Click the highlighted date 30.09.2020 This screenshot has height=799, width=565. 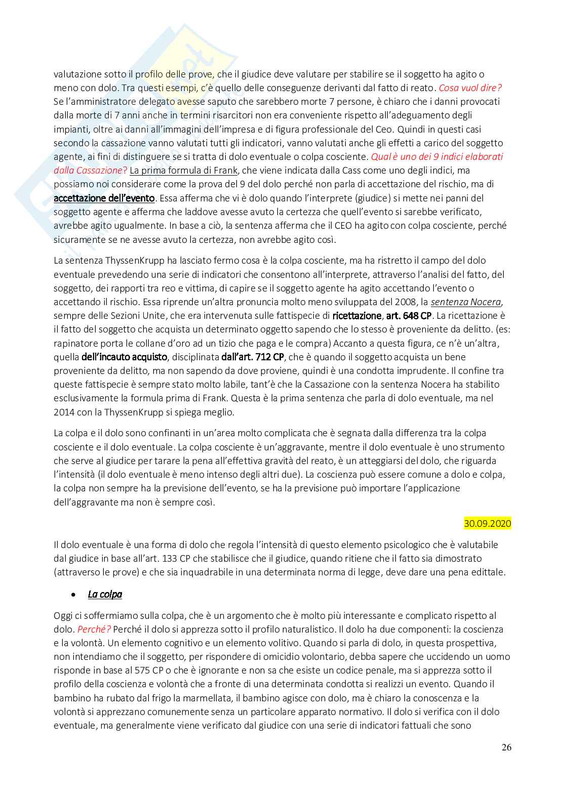coord(487,523)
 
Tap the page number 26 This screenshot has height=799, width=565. coord(506,747)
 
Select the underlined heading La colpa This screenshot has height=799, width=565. coord(105,594)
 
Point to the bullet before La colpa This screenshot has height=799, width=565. coord(74,595)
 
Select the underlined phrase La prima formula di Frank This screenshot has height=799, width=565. coord(183,170)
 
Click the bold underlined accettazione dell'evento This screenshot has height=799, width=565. coord(104,198)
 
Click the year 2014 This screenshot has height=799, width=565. coord(64,412)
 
